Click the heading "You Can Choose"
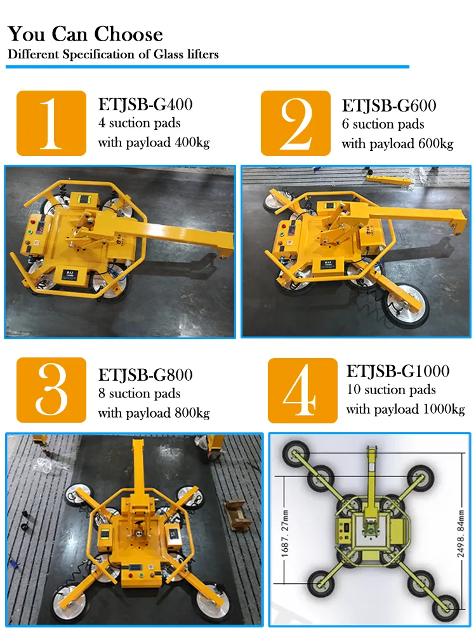pos(85,34)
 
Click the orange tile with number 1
pos(51,123)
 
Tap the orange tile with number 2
pos(296,123)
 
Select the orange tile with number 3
pos(51,390)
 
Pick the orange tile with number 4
pos(303,390)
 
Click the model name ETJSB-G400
pos(145,105)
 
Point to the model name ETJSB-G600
pos(389,106)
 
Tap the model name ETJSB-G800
pos(145,375)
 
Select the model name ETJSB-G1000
pos(398,371)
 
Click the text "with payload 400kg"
pos(154,143)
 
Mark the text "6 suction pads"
pos(383,124)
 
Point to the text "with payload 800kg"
pos(154,413)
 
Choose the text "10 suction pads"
pos(391,389)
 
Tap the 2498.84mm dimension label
pos(460,534)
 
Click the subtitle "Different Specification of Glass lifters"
pos(113,55)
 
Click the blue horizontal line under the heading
pos(208,67)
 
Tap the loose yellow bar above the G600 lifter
pos(388,179)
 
